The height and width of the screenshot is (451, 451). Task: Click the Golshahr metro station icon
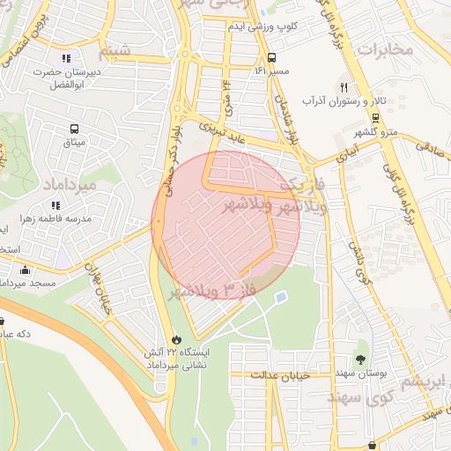click(x=376, y=117)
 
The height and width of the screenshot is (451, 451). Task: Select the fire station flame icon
click(x=176, y=338)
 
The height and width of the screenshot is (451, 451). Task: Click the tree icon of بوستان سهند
click(x=360, y=359)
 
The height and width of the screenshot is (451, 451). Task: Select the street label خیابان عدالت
click(x=277, y=374)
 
